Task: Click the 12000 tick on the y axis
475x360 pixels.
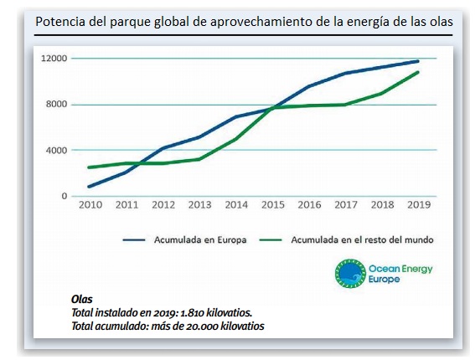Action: pyautogui.click(x=54, y=58)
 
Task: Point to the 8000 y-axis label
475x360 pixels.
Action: pyautogui.click(x=57, y=104)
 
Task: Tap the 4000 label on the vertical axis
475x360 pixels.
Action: pyautogui.click(x=57, y=150)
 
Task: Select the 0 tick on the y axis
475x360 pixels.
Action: pyautogui.click(x=65, y=196)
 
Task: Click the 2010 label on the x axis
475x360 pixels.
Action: pyautogui.click(x=90, y=205)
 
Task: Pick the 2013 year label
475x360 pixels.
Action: pyautogui.click(x=200, y=205)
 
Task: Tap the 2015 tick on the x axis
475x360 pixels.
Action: pyautogui.click(x=273, y=205)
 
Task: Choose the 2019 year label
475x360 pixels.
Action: pyautogui.click(x=419, y=205)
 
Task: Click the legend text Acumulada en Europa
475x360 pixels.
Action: pyautogui.click(x=200, y=239)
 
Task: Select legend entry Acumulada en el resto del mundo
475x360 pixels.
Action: pyautogui.click(x=362, y=239)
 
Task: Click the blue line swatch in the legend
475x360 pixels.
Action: pyautogui.click(x=134, y=240)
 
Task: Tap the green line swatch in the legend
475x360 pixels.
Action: pyautogui.click(x=271, y=240)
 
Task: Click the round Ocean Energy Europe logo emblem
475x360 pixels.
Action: pyautogui.click(x=350, y=274)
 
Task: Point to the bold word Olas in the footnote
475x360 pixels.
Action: pyautogui.click(x=82, y=299)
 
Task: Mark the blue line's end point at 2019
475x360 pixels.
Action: pyautogui.click(x=417, y=61)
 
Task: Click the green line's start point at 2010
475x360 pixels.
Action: pyautogui.click(x=89, y=167)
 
